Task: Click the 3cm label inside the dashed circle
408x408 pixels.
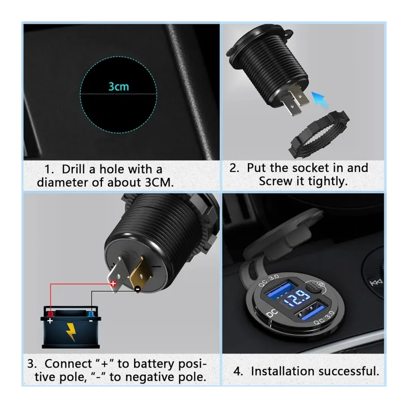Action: tap(119, 86)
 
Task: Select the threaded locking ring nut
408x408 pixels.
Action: tap(319, 134)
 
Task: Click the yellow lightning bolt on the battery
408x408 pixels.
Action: tap(70, 332)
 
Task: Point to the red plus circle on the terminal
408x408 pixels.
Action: tap(113, 284)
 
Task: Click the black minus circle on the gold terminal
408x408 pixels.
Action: tap(138, 289)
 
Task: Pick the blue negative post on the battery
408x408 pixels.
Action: tap(91, 314)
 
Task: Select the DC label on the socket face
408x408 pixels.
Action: tap(272, 314)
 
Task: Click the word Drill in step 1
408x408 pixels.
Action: tap(73, 169)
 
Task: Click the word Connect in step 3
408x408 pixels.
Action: tap(68, 364)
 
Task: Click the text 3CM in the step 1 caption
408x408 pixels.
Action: tap(159, 183)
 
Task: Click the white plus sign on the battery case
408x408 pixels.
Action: tap(50, 321)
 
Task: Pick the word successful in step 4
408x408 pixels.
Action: tap(349, 371)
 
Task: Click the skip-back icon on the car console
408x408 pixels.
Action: tap(376, 282)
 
